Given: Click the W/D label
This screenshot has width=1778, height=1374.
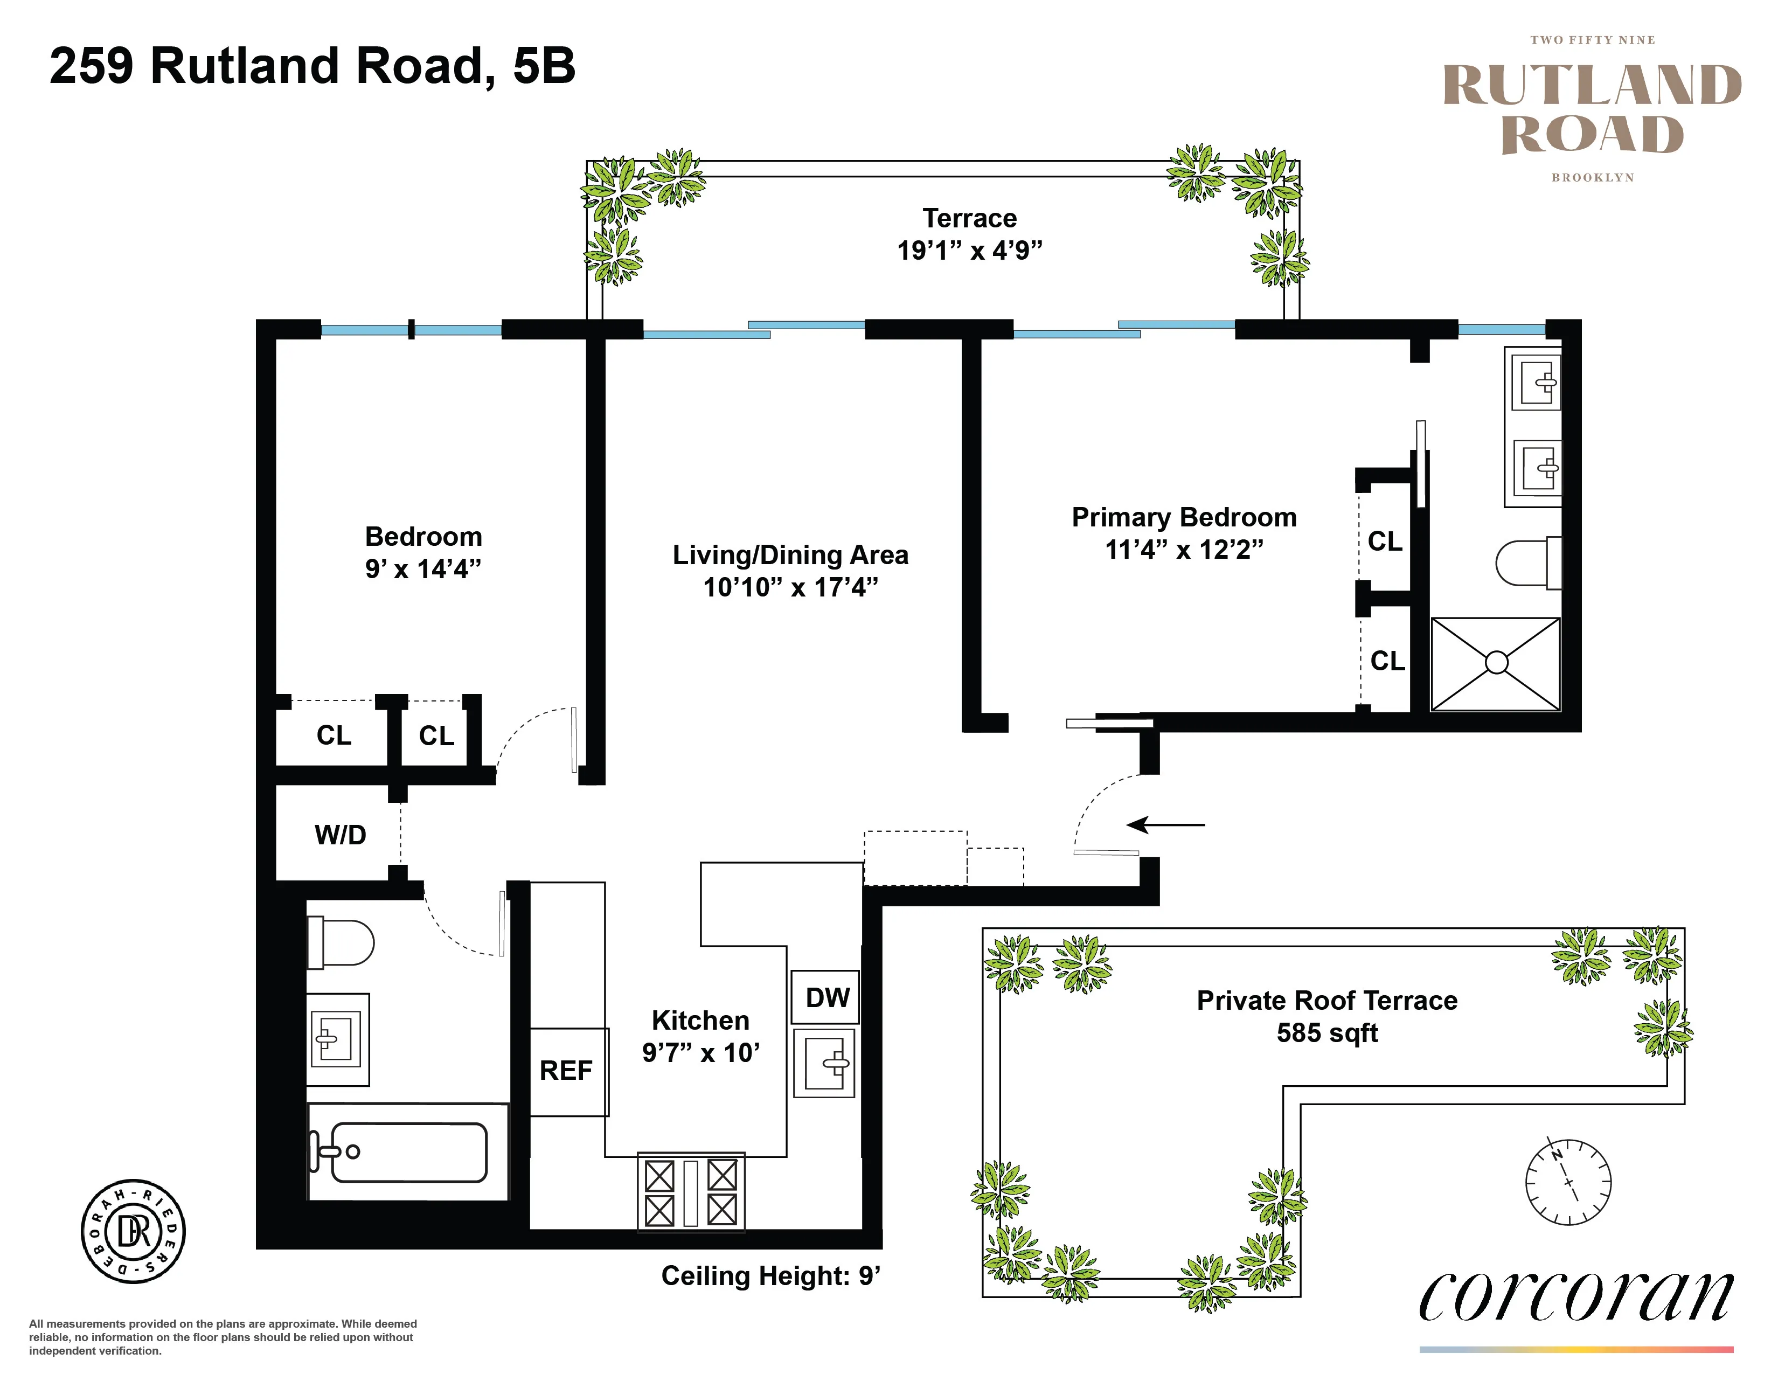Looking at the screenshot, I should coord(341,835).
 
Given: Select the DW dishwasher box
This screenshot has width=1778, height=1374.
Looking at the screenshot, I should coord(827,998).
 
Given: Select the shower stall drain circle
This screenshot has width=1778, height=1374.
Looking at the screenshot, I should coord(1496,663).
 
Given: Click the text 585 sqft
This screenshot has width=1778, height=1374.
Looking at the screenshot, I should coord(1327,1033).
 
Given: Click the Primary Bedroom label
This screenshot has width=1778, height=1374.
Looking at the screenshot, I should coord(1184,518).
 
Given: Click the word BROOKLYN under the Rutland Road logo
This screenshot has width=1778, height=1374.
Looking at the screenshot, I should coord(1592,177).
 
